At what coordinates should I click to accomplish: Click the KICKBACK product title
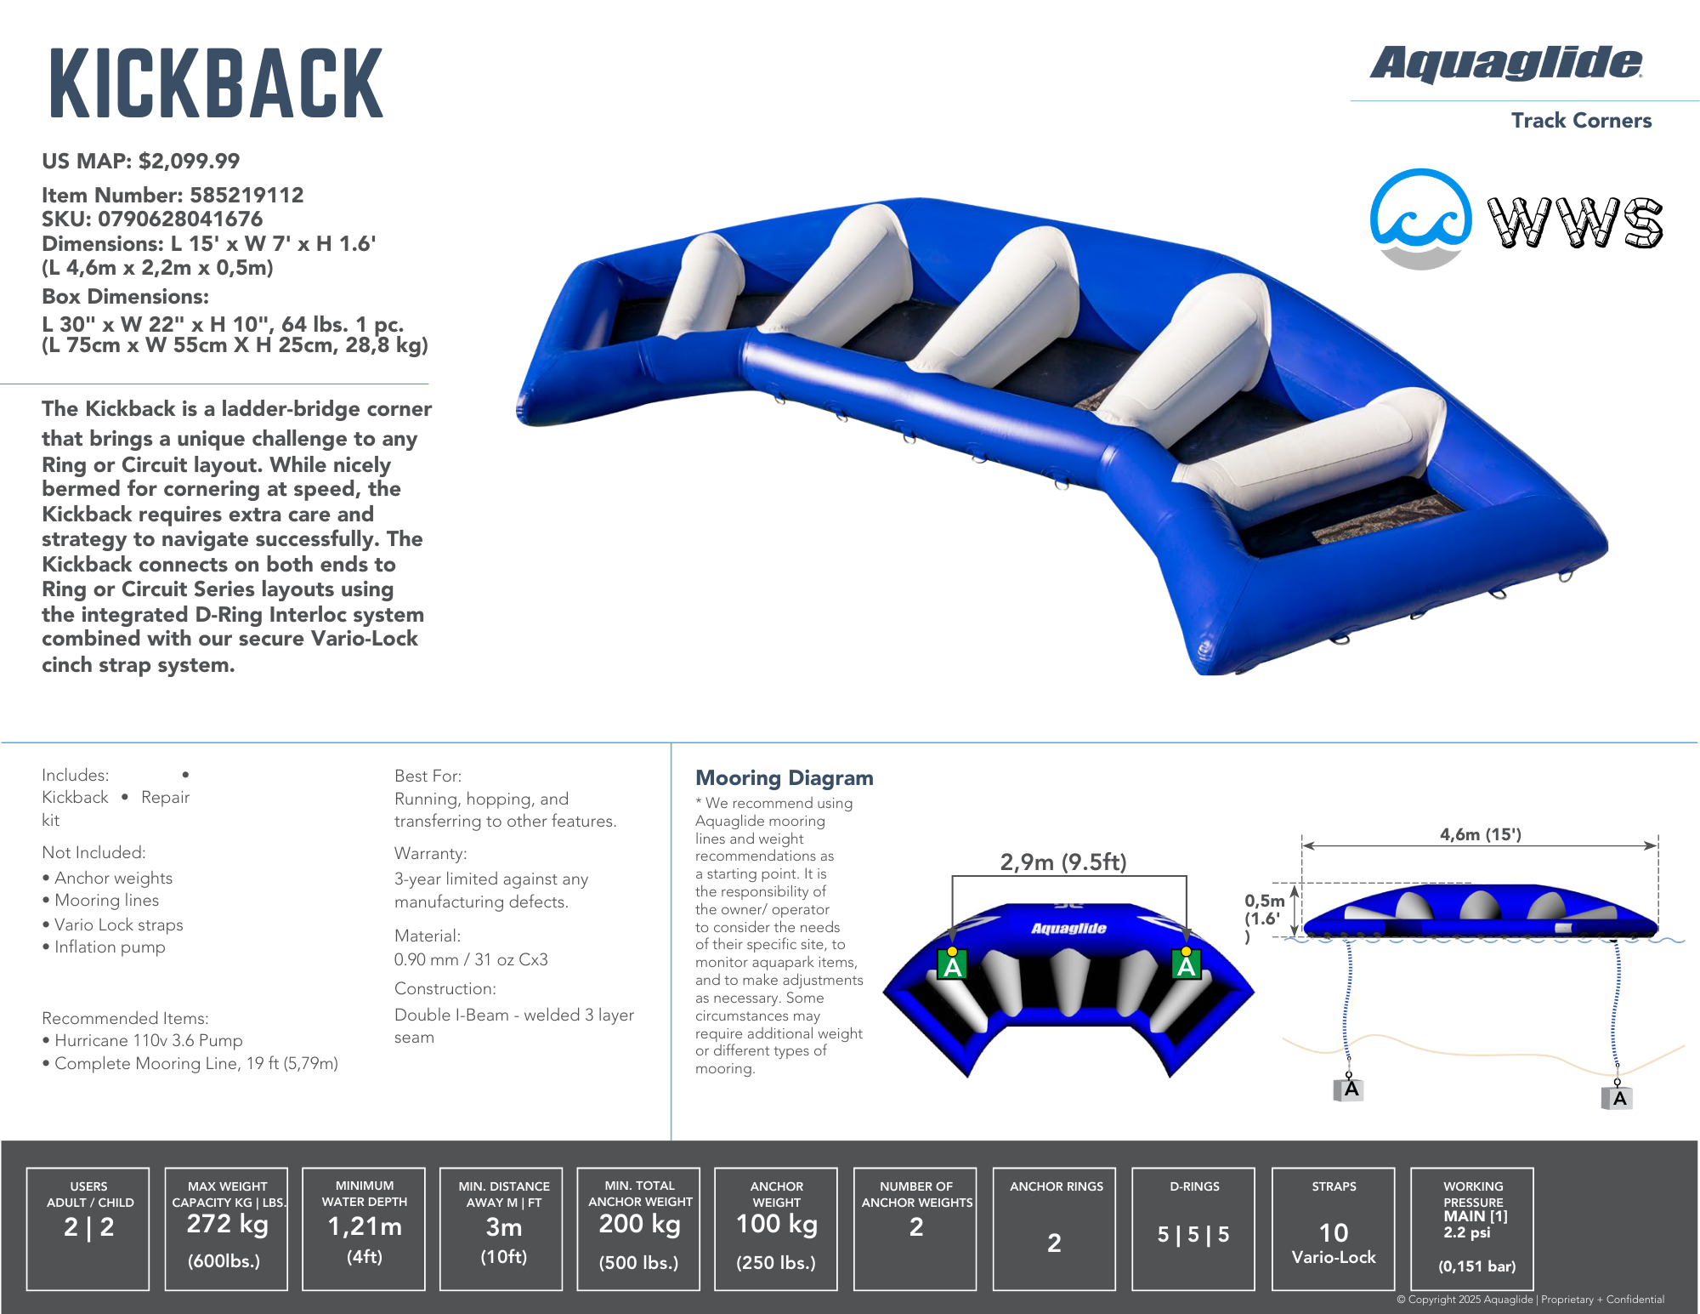217,83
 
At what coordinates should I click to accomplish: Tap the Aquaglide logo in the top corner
1505,64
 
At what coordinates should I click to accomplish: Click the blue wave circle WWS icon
1420,219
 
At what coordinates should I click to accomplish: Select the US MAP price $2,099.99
189,161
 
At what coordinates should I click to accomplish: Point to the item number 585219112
246,195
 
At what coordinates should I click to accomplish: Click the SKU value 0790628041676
180,219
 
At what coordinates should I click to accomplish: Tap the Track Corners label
1581,120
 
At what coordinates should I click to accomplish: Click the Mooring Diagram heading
784,777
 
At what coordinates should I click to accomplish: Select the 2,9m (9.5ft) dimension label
1062,862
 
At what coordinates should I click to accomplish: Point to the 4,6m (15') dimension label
1480,834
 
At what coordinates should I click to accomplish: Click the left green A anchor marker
952,964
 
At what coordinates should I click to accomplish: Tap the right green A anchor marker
1186,964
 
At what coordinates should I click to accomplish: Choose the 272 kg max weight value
227,1224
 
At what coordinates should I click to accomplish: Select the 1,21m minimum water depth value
365,1226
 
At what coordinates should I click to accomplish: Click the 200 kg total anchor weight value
639,1224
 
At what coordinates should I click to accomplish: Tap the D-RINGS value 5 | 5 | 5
1193,1234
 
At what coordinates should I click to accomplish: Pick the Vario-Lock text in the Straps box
1333,1257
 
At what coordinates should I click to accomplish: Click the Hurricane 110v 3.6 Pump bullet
148,1040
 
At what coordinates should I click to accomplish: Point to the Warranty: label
430,853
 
